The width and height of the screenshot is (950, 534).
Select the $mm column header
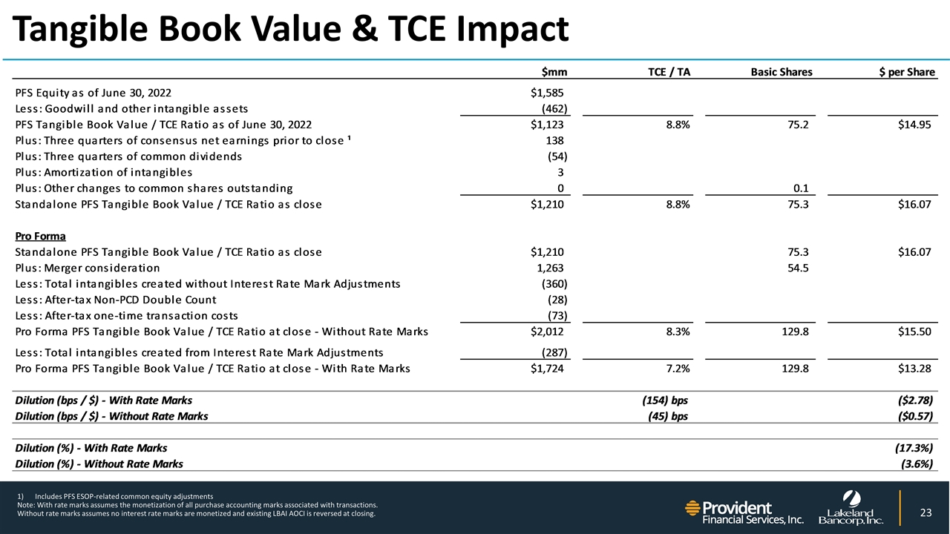[x=554, y=72]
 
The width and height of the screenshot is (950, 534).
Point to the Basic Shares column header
[x=782, y=72]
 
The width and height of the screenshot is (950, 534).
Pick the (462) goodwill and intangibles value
[x=554, y=108]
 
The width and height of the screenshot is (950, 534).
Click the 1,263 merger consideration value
[x=550, y=268]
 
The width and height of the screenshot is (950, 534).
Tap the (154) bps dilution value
[x=664, y=400]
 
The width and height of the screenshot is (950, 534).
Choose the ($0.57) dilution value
[x=914, y=416]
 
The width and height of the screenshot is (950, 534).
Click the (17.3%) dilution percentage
[x=914, y=448]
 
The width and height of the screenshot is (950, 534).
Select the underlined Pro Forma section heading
[x=40, y=237]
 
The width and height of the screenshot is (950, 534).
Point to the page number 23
[x=925, y=512]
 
